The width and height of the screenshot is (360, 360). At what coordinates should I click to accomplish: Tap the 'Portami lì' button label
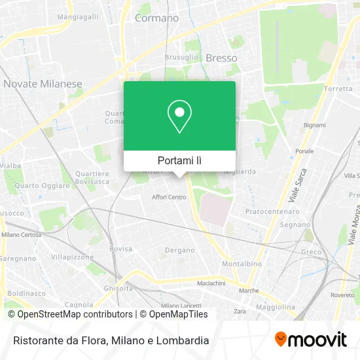click(x=179, y=160)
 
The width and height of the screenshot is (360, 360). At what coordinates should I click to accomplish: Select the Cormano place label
click(x=156, y=18)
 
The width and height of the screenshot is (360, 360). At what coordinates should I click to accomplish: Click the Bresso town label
click(x=221, y=58)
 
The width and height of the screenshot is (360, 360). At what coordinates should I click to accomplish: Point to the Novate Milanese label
click(x=43, y=84)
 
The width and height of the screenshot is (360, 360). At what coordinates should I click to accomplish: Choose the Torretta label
click(x=338, y=88)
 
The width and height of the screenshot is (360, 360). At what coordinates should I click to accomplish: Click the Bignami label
click(x=315, y=124)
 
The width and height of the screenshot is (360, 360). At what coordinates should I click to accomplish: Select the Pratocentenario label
click(x=272, y=211)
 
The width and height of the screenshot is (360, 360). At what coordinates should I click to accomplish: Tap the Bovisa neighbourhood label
click(x=120, y=249)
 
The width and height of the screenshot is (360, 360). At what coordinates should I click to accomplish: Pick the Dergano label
click(x=179, y=250)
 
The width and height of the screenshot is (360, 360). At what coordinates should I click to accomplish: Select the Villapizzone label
click(x=72, y=257)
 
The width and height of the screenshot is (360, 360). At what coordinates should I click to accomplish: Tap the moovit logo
click(x=310, y=340)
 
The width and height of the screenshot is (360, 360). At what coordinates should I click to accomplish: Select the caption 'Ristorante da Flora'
click(x=58, y=340)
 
